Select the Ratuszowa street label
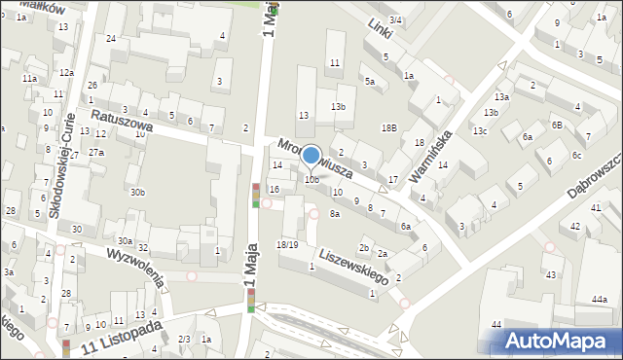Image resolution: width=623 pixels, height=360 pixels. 124,123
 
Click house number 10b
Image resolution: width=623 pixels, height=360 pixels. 311,180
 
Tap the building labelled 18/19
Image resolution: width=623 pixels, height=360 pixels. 287,244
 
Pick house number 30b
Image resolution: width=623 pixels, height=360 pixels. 137,193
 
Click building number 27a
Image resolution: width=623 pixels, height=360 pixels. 96,153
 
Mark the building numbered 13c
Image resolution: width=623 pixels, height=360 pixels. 480,130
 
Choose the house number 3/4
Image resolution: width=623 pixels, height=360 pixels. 394,19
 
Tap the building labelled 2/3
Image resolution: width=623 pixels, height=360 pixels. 184,339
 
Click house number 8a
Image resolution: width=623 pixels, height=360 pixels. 334,213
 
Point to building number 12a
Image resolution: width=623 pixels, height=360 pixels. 65,73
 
